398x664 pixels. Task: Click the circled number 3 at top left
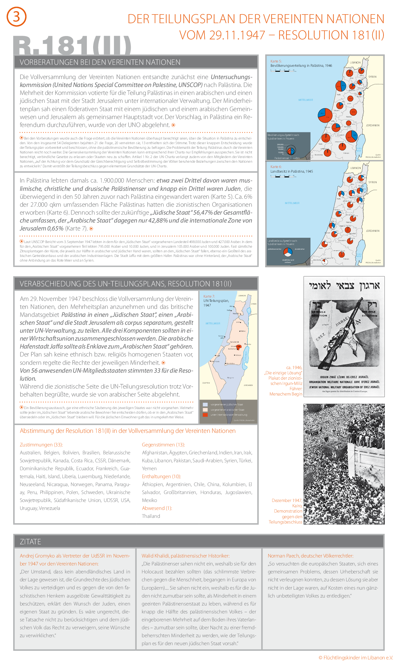click(16, 17)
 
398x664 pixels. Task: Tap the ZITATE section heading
click(30, 541)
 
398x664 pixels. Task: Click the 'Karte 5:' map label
click(276, 61)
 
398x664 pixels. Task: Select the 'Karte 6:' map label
click(276, 167)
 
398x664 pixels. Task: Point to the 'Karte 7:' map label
click(209, 296)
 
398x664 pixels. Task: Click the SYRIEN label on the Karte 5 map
click(372, 77)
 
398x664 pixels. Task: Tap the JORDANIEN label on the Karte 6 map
click(373, 231)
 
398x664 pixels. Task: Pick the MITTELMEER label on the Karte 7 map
click(213, 323)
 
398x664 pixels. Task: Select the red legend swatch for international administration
click(205, 415)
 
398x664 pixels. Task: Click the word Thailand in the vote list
click(151, 516)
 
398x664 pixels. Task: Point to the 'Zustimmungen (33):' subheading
click(41, 445)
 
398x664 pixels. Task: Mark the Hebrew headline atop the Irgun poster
click(344, 286)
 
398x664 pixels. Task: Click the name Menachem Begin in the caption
click(286, 394)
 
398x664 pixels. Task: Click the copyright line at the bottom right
click(356, 658)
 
